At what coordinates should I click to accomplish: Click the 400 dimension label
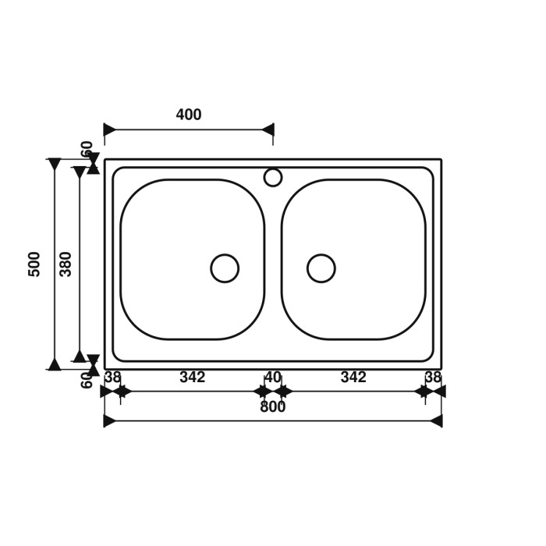[x=189, y=115]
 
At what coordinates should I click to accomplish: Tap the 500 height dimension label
[x=34, y=264]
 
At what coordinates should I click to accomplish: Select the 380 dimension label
[x=66, y=264]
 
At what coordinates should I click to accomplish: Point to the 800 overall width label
[x=273, y=406]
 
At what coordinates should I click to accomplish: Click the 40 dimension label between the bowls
[x=273, y=377]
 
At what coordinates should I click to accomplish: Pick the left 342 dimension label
[x=192, y=377]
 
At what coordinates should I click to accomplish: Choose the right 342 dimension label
[x=353, y=377]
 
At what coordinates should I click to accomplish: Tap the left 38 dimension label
[x=113, y=377]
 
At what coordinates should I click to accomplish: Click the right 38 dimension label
[x=433, y=377]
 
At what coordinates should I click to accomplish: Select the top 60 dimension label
[x=87, y=148]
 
